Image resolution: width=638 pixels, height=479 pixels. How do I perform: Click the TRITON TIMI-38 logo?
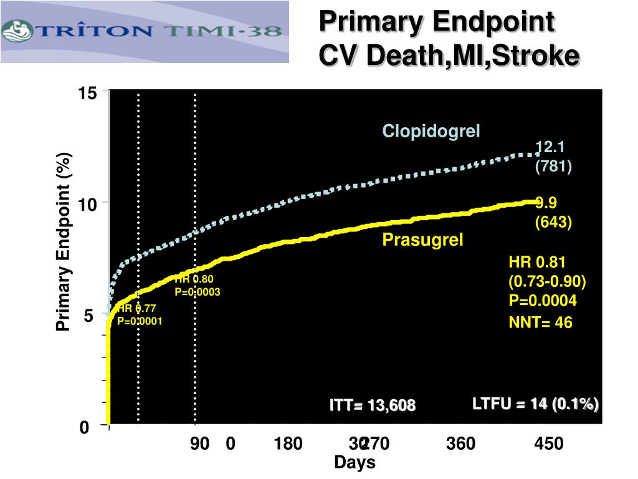coord(145,31)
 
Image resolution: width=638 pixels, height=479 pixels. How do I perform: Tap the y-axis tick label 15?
coord(87,94)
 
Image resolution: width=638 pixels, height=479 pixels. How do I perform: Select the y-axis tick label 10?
coord(87,205)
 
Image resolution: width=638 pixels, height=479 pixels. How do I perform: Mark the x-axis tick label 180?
coord(288,444)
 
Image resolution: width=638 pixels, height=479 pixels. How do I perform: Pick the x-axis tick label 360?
coord(460,444)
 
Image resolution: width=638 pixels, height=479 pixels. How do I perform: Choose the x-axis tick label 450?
coord(548,444)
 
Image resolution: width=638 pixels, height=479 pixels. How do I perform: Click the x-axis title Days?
coord(355,463)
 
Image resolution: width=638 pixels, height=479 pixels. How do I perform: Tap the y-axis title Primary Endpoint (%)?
coord(63,243)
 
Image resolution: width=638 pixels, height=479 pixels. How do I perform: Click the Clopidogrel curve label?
coord(431,131)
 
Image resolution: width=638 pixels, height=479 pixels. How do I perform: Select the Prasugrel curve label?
coord(423,240)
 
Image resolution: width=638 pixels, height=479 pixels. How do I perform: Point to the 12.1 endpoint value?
coord(550,147)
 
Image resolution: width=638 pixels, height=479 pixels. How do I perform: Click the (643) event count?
coord(553,222)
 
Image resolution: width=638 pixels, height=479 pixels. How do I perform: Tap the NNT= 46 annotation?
coord(540,322)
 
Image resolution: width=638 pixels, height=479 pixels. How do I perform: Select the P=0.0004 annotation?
coord(543,301)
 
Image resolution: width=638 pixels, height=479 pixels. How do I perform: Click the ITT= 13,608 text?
coord(373,406)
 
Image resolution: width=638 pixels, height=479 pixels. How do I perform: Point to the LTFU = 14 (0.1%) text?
coord(535,404)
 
